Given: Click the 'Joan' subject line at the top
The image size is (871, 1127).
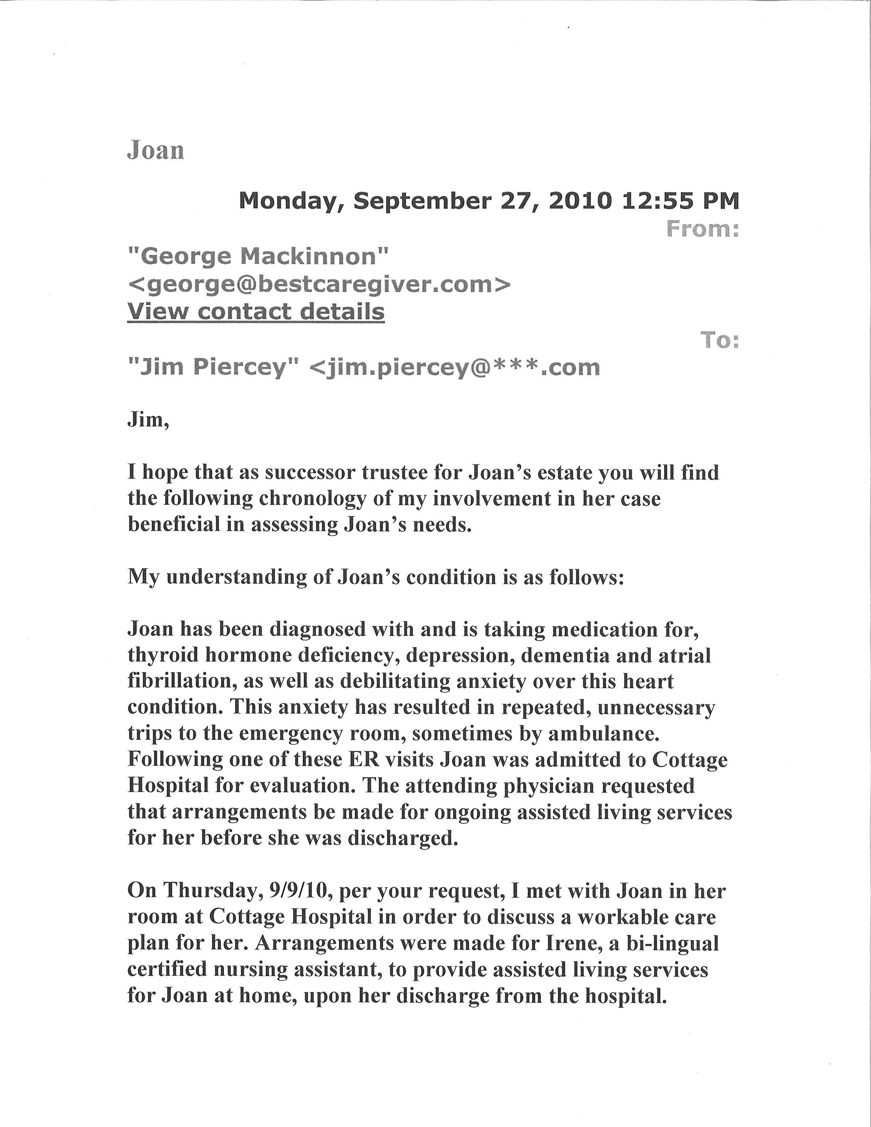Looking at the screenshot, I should point(155,150).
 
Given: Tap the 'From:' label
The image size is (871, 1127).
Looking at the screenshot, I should point(703,228).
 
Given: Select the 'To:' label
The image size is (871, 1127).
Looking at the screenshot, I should point(719,340).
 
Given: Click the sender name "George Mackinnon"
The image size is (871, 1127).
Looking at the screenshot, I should point(258,256).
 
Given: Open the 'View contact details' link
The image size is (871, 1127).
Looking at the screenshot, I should point(256,312).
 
